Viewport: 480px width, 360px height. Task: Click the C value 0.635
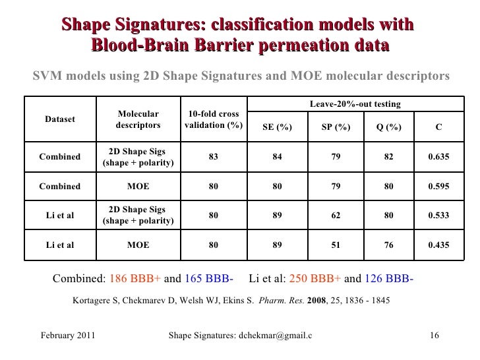pos(438,157)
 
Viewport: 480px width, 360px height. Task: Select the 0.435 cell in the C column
pos(438,245)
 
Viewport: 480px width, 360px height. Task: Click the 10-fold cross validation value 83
pos(213,157)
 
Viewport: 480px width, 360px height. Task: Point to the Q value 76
pos(389,245)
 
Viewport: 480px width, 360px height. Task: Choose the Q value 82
pos(389,157)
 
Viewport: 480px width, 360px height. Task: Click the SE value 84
pos(277,157)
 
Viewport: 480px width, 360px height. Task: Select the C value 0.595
pos(438,186)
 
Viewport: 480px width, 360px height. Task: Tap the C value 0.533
pos(438,215)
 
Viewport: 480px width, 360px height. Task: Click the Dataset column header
pos(59,119)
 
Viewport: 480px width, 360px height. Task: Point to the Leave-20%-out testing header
pos(355,104)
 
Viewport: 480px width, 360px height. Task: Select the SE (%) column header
pos(277,127)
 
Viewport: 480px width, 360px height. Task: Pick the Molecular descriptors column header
pos(138,119)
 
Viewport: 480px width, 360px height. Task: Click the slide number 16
pos(434,336)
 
